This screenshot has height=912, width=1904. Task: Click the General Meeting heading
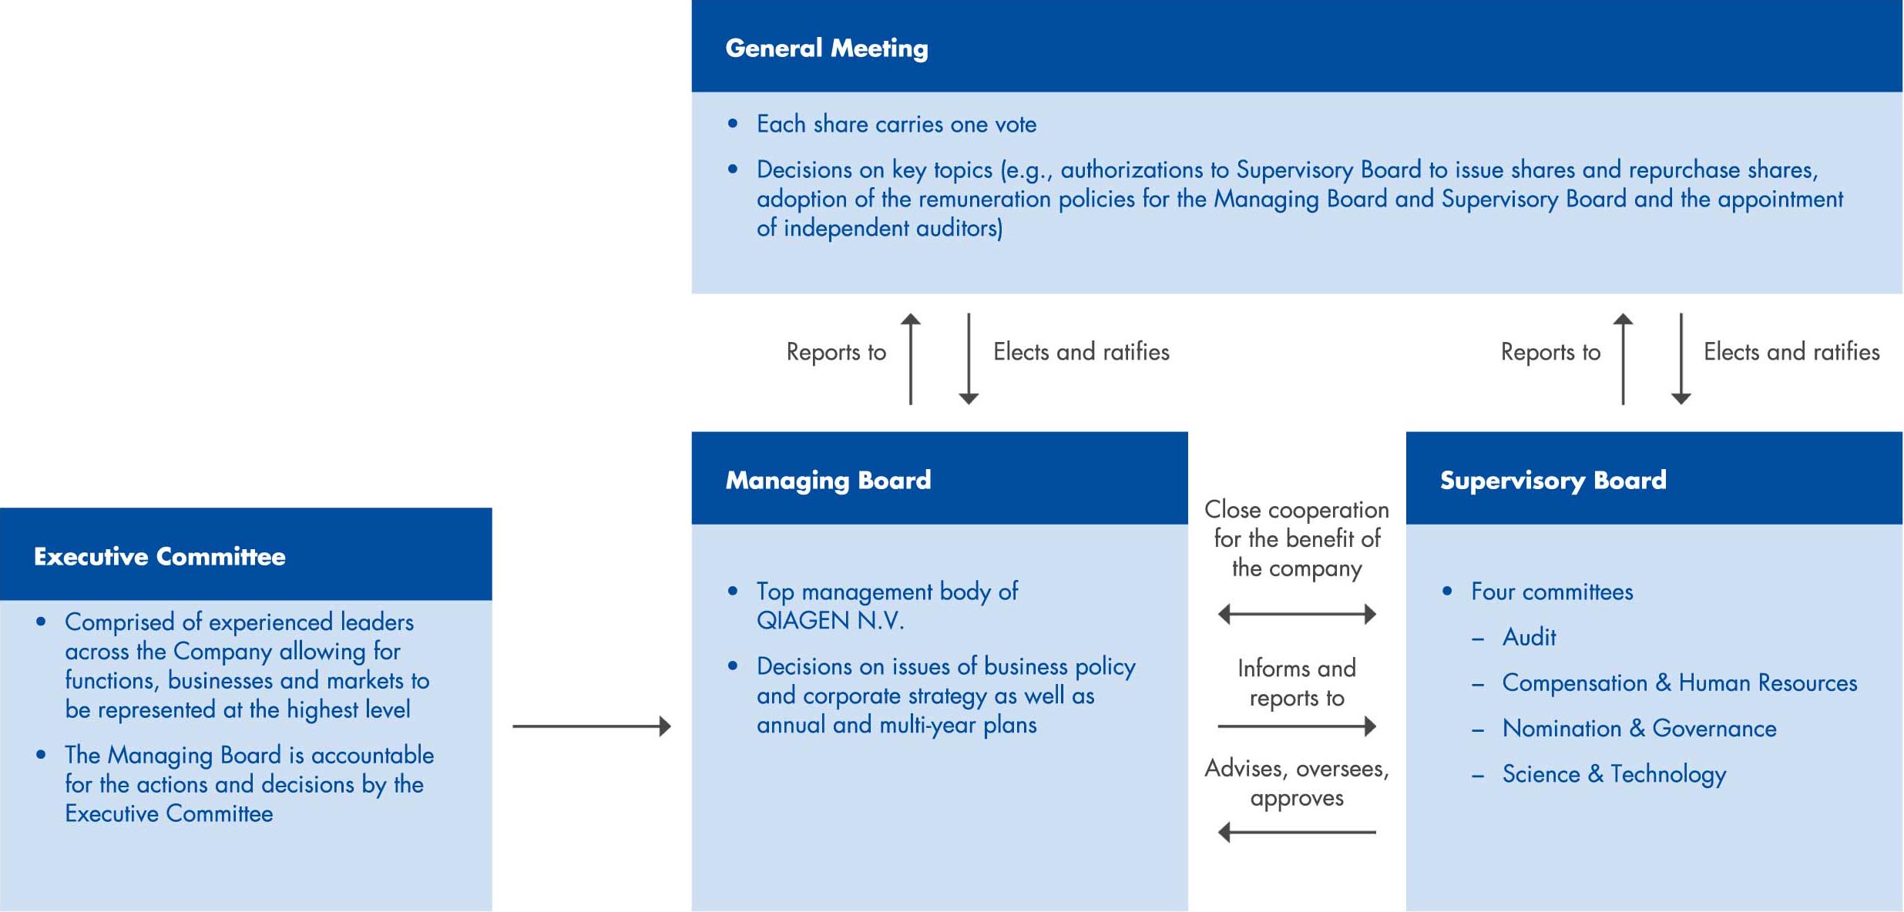point(827,49)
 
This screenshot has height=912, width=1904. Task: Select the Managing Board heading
point(828,481)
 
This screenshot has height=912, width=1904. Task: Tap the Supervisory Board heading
point(1553,481)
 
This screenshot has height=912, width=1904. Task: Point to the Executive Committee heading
point(160,556)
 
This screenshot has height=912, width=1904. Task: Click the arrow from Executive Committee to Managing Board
point(592,726)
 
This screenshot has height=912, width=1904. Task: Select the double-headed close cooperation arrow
point(1297,614)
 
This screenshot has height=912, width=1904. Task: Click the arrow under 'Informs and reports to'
point(1297,726)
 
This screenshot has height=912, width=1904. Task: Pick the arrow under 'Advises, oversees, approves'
point(1297,832)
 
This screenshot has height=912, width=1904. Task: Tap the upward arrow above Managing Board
point(911,359)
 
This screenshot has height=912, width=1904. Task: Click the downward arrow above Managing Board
point(969,359)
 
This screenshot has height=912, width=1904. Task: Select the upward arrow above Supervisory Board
point(1623,359)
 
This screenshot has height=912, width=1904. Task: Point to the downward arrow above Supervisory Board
point(1681,359)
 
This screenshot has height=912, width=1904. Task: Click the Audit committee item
point(1529,637)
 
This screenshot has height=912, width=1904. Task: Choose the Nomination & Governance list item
point(1639,728)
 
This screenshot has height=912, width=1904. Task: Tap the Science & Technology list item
point(1614,774)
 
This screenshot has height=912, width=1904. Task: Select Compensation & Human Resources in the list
point(1679,682)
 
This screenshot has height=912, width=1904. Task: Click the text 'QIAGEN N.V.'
point(830,621)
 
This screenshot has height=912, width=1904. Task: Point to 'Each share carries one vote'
point(896,124)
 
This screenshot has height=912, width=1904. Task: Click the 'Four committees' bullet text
point(1552,592)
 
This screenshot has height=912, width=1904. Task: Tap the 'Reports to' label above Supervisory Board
point(1550,352)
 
